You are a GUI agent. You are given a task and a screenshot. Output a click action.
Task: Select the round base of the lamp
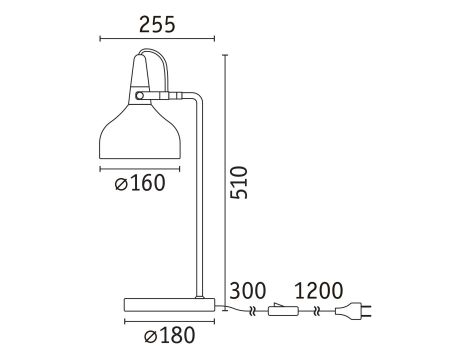pos(168,304)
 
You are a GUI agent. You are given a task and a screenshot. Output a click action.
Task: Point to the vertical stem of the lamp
pos(200,200)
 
